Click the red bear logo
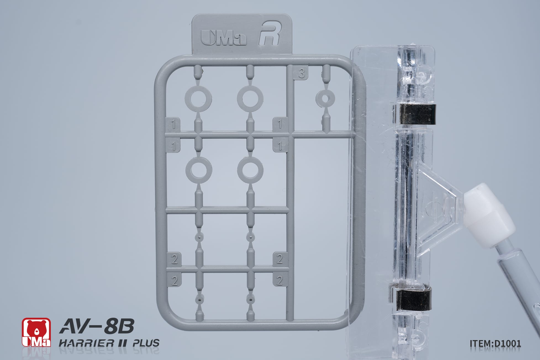click(36, 332)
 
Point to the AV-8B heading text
click(96, 327)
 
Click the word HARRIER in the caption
click(86, 343)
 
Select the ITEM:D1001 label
click(495, 343)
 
